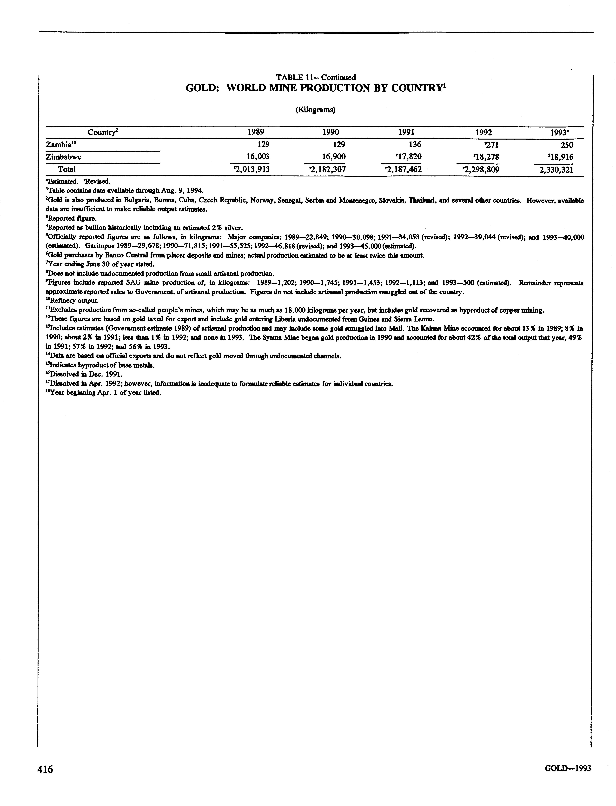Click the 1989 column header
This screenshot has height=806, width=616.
[256, 132]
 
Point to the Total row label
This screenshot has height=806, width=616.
[67, 169]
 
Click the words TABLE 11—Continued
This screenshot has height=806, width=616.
[316, 77]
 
